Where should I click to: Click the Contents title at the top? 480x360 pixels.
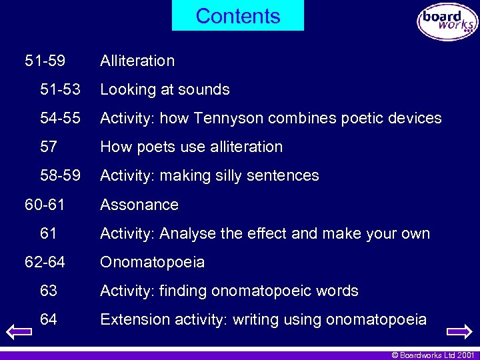coord(238,16)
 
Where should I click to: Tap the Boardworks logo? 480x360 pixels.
coord(447,22)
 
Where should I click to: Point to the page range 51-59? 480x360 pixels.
coord(45,61)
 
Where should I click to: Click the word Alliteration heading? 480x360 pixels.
coord(137,61)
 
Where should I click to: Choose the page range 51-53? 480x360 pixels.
coord(60,89)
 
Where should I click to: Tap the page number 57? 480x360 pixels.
coord(49,147)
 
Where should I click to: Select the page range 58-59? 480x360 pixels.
coord(60,175)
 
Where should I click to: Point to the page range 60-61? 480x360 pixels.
coord(45,205)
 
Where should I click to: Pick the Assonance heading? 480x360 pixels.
coord(139,205)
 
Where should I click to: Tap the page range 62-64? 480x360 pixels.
coord(45,262)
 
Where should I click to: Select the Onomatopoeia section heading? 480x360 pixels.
coord(152,262)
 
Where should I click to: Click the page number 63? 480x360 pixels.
coord(49,291)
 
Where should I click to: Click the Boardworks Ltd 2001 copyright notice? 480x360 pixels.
coord(432,355)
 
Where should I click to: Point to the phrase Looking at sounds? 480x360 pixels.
coord(165,89)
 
